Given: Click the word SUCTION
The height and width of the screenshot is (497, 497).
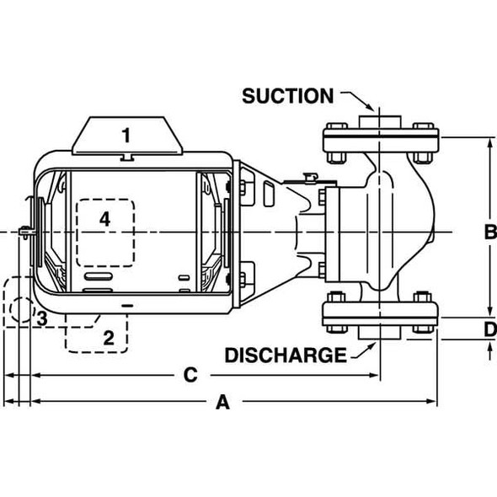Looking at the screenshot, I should tap(287, 96).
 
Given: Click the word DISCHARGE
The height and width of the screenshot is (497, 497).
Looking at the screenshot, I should tap(285, 355).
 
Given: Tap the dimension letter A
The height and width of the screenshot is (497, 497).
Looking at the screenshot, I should tap(222, 403).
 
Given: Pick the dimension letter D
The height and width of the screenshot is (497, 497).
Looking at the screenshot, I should tap(489, 329).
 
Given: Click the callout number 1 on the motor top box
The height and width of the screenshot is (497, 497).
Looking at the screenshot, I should tap(126, 135).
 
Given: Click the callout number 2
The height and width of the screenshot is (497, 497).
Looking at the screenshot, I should tap(108, 338).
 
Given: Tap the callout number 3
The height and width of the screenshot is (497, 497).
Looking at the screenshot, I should tap(40, 318).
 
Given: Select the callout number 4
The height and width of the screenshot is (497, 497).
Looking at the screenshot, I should tap(104, 219).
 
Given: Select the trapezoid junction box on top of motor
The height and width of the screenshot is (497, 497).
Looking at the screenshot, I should tap(127, 136).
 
